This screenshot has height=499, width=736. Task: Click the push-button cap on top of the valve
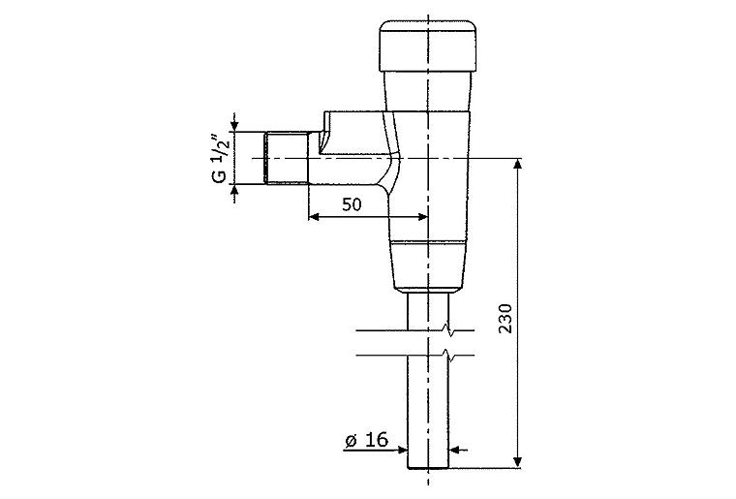click(427, 47)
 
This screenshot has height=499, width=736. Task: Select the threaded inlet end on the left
click(285, 158)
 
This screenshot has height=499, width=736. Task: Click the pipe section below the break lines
click(427, 407)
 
